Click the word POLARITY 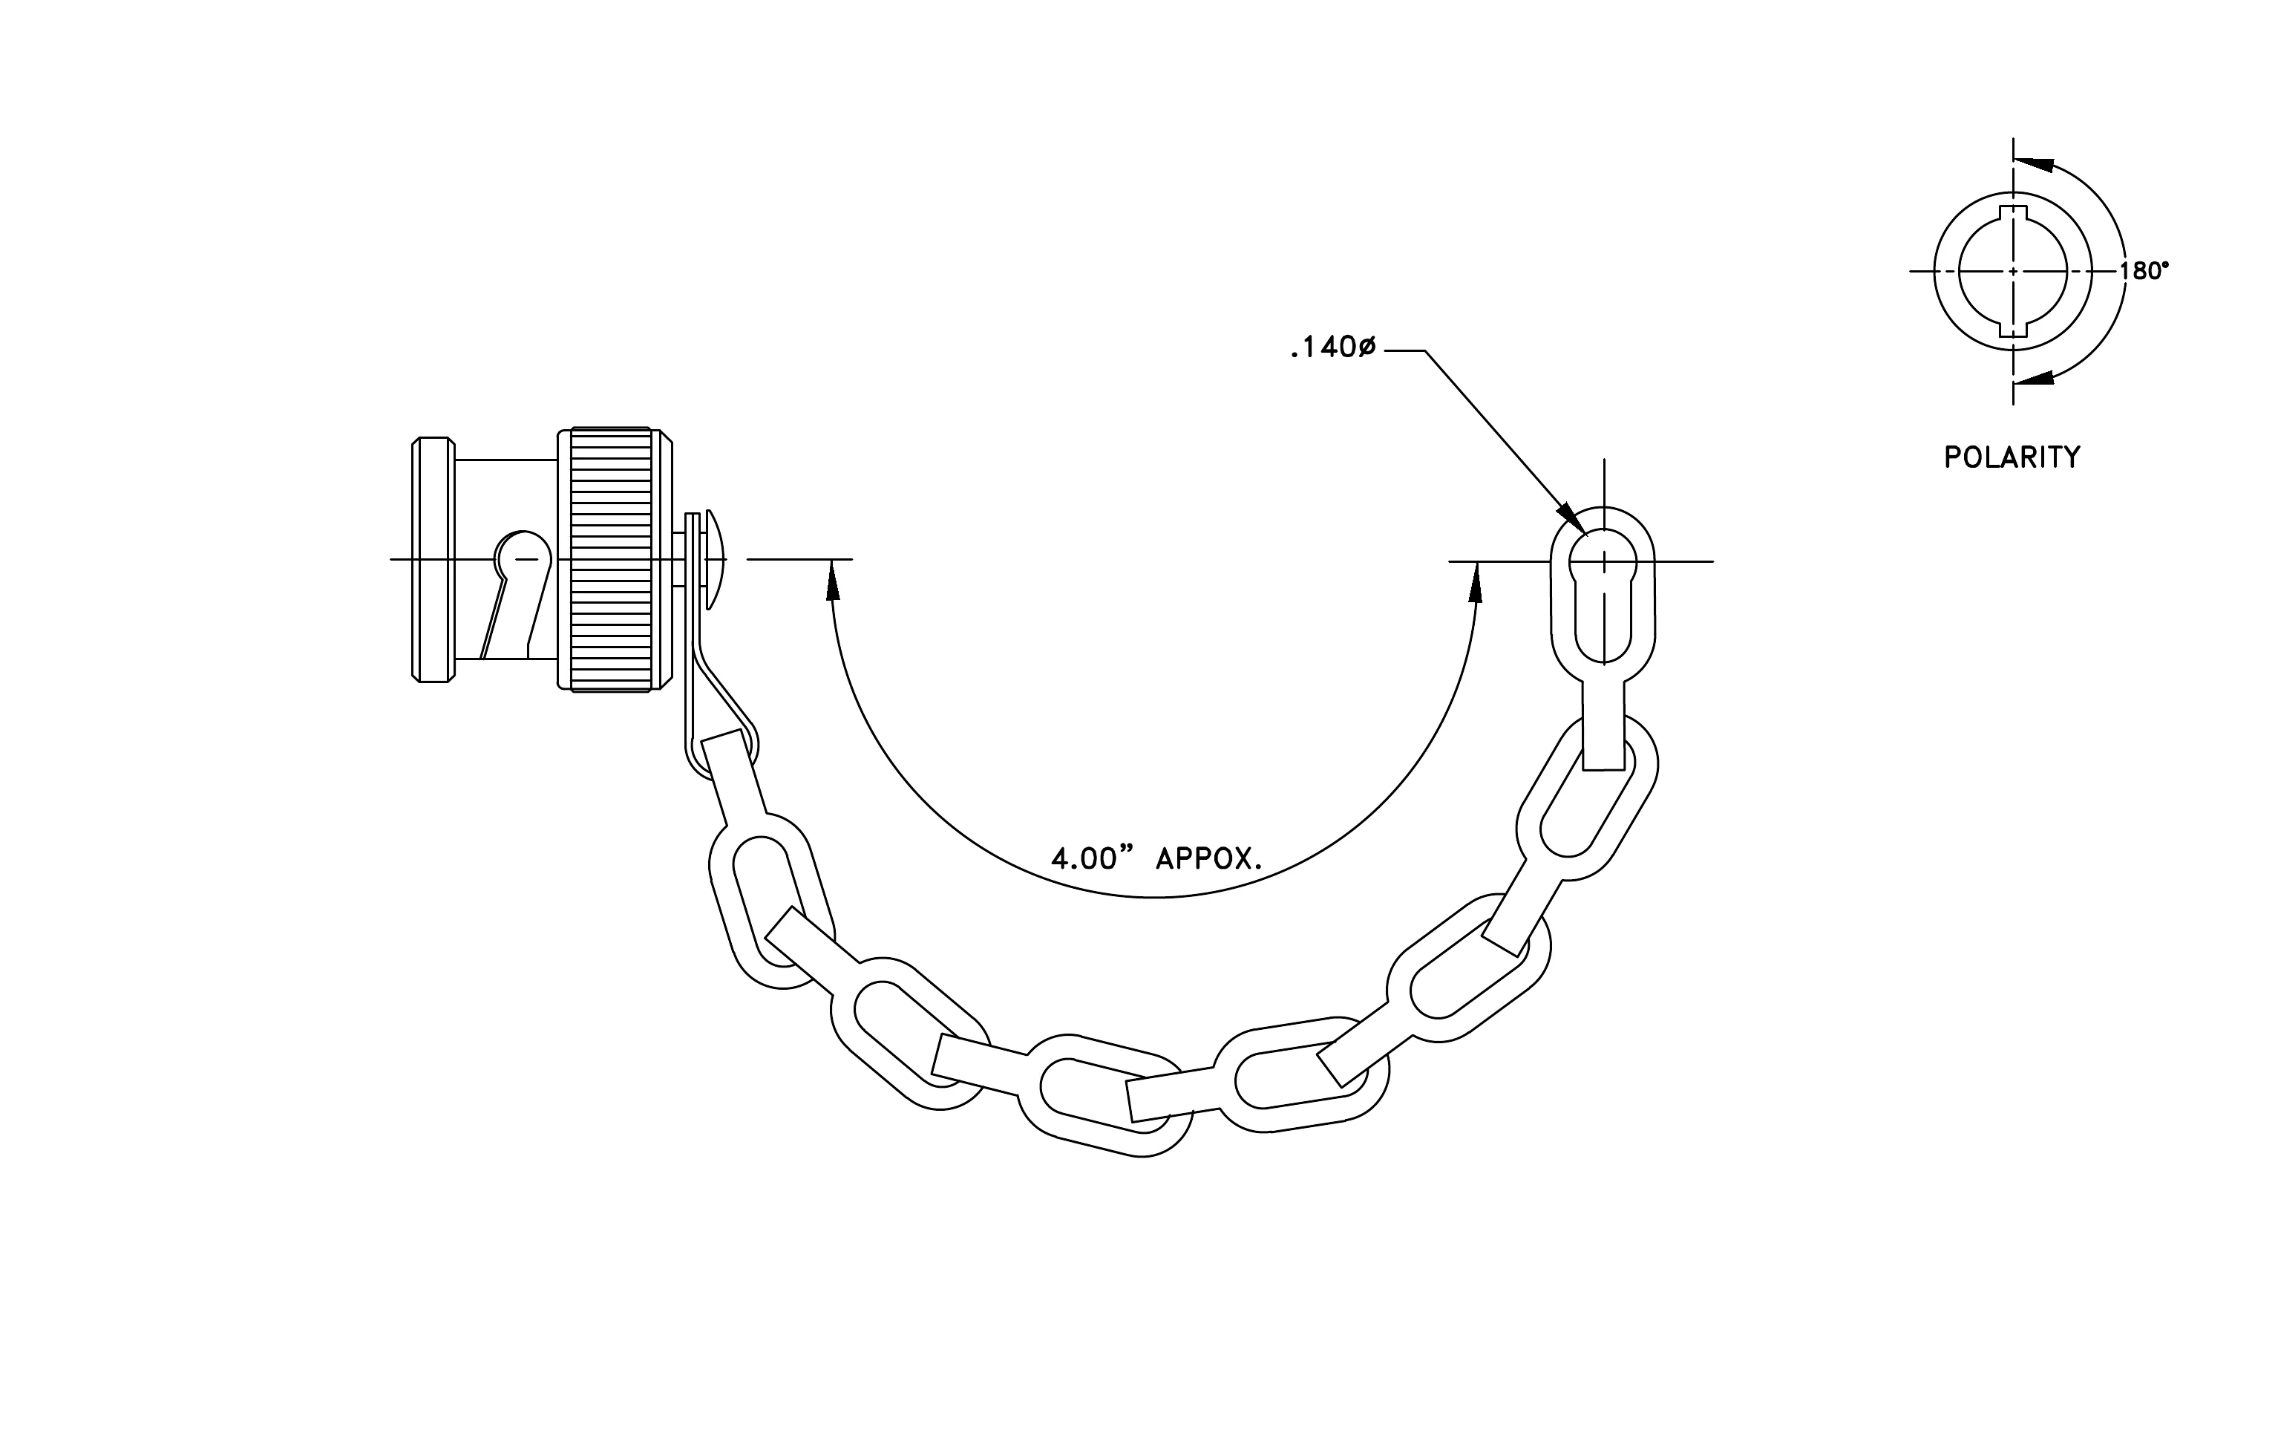[x=2012, y=458]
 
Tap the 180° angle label [x=2144, y=272]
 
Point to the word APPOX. [x=1210, y=859]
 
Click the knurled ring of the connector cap [x=611, y=559]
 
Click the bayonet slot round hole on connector [x=524, y=556]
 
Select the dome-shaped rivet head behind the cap [x=716, y=559]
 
